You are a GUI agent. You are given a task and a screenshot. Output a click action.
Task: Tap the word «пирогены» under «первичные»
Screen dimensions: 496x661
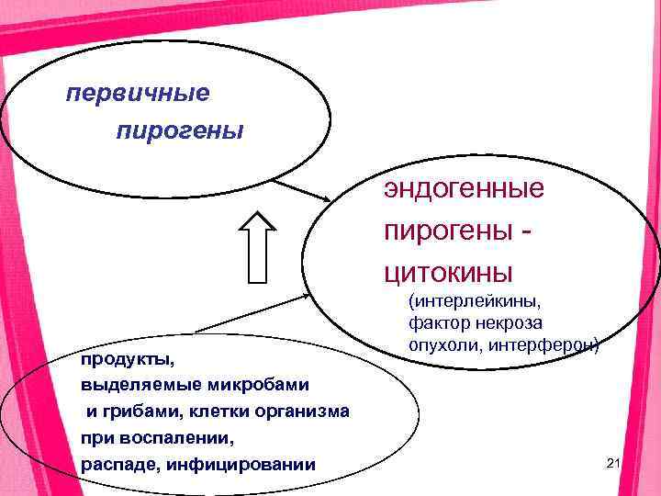click(x=180, y=131)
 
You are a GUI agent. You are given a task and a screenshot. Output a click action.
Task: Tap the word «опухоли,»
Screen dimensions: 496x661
click(x=445, y=345)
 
